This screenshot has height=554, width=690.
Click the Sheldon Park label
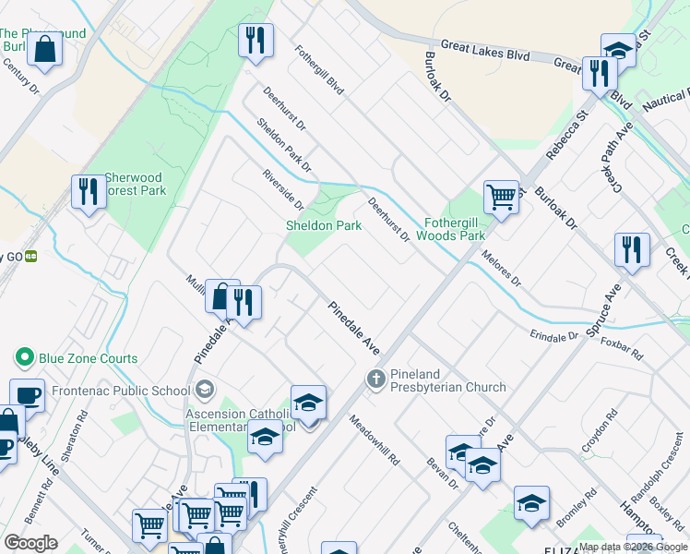click(322, 225)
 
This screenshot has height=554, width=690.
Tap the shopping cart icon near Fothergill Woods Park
click(501, 197)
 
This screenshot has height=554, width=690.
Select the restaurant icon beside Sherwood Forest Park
click(89, 191)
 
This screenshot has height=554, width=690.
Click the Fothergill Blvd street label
click(319, 71)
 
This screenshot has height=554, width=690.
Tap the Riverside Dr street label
click(282, 189)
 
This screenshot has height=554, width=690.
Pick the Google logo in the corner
click(30, 543)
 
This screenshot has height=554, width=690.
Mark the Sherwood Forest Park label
click(135, 184)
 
